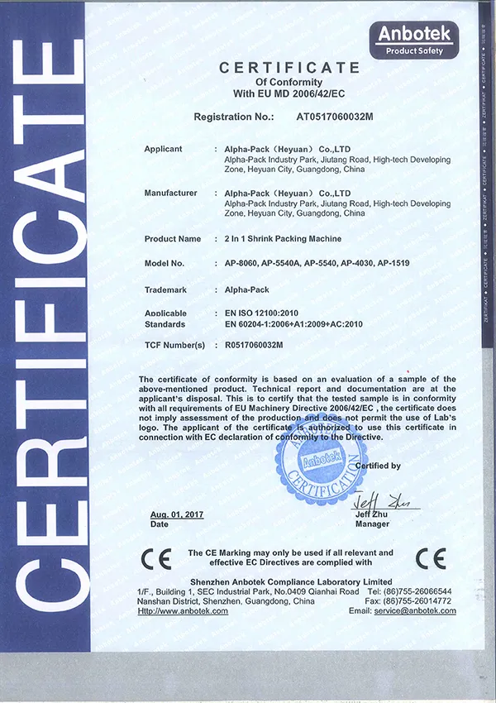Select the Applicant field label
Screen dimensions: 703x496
pyautogui.click(x=163, y=149)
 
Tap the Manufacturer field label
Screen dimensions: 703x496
pyautogui.click(x=171, y=193)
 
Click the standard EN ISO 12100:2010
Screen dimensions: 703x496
pyautogui.click(x=263, y=314)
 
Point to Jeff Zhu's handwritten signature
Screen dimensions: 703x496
pyautogui.click(x=381, y=502)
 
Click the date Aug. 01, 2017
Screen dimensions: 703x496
pyautogui.click(x=177, y=514)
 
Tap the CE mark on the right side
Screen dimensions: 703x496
pyautogui.click(x=430, y=558)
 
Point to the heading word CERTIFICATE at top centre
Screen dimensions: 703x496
pyautogui.click(x=289, y=68)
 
